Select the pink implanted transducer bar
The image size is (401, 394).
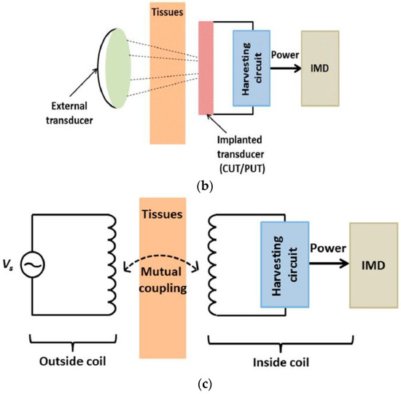205,68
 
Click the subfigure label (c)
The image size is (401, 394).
200,379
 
